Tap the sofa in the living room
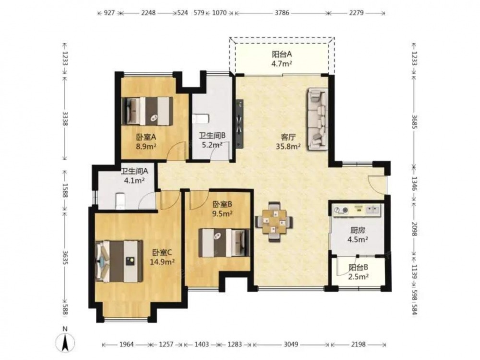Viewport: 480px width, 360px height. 318,120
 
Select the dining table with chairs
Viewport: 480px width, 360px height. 274,222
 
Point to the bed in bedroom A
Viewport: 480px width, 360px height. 147,111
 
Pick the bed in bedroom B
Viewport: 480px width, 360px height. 224,242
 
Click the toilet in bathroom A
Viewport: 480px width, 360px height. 120,201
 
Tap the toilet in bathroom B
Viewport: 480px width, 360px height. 200,119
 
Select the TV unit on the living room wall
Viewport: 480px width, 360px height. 240,123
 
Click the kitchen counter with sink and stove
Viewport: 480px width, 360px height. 357,210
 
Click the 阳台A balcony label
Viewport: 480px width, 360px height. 282,55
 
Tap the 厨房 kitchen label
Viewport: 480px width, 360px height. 358,230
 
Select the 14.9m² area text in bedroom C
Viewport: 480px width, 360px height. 162,262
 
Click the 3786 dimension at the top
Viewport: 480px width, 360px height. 282,13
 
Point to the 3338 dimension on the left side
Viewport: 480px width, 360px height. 65,119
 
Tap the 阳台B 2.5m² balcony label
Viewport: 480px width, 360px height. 358,272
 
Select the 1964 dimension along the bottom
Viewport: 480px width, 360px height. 126,344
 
